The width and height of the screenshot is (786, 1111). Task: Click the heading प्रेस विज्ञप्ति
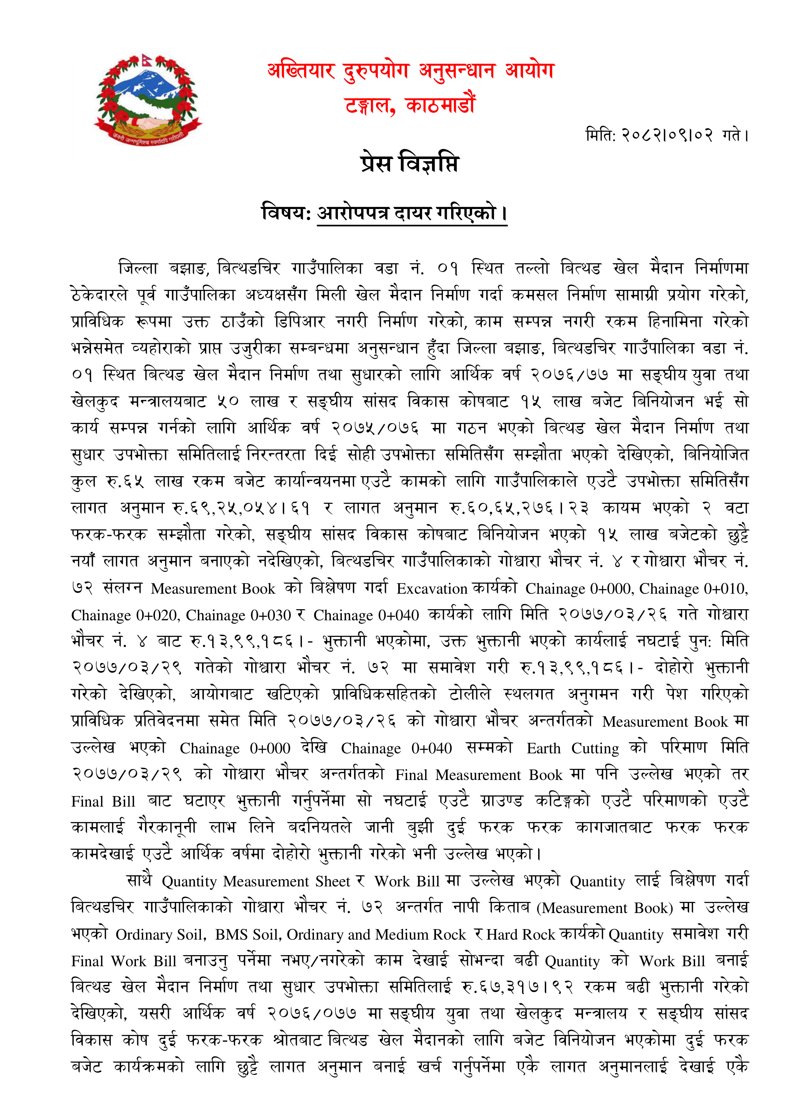point(409,163)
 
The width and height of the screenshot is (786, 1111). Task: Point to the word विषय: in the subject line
point(285,213)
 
